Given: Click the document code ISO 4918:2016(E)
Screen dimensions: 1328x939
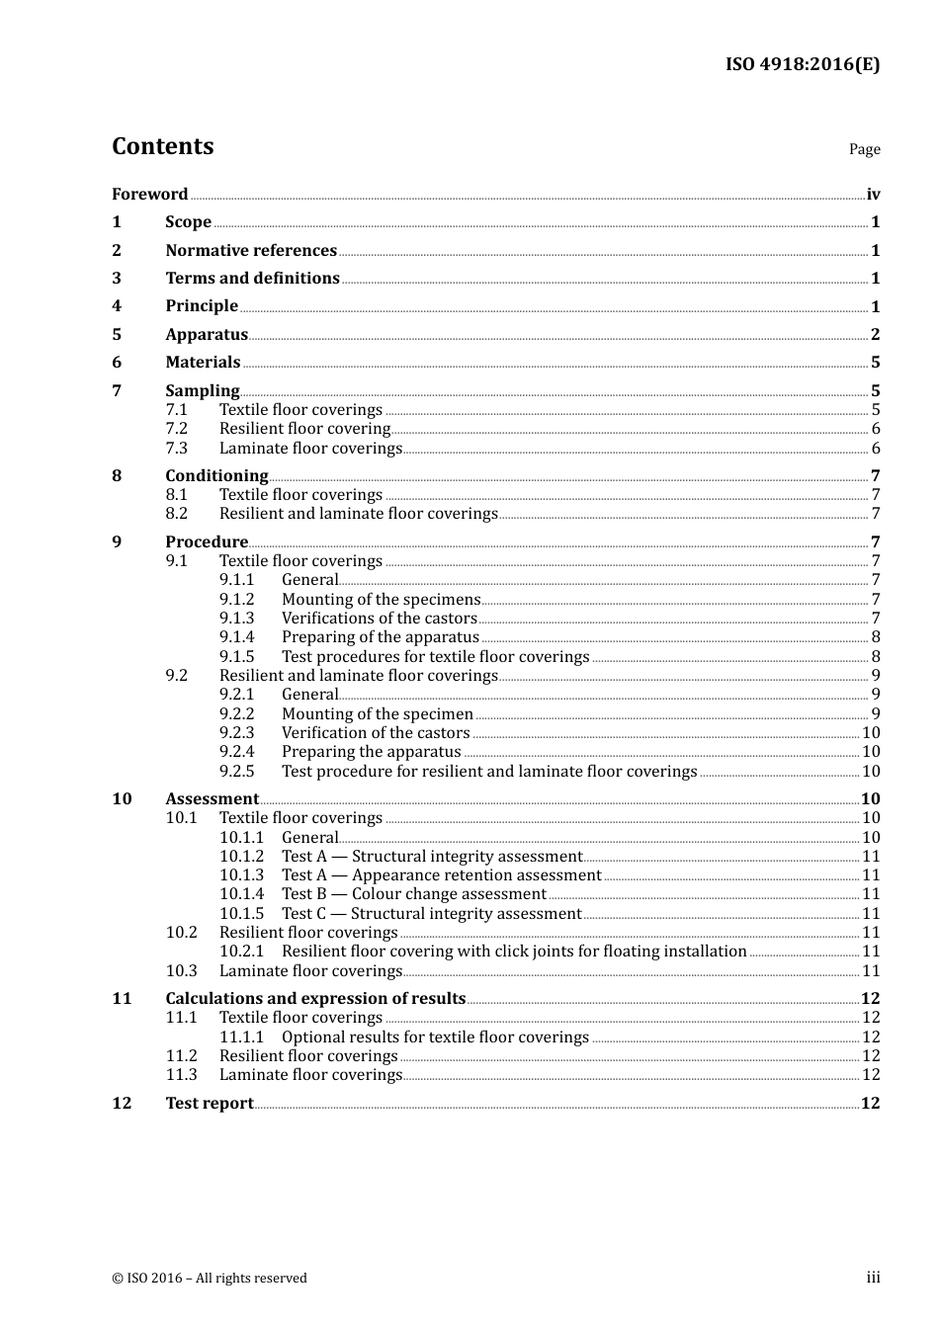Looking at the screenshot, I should (x=802, y=64).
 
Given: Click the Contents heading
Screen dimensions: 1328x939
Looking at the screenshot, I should (x=162, y=146).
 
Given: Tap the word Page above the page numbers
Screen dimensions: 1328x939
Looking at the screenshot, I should (x=864, y=149).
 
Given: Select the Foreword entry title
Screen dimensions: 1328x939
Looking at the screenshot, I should (x=149, y=194).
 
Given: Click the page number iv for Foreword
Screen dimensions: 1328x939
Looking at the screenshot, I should (x=873, y=194).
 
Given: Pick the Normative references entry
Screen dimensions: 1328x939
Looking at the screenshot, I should (x=251, y=250).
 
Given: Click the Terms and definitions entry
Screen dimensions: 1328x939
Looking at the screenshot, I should (x=252, y=278).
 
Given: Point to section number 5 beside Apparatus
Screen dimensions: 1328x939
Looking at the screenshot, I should (x=117, y=334).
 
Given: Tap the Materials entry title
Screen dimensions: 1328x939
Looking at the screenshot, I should (x=203, y=362).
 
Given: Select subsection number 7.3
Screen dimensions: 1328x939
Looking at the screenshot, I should (x=176, y=448).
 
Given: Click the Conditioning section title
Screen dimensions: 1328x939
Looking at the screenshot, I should (x=216, y=475).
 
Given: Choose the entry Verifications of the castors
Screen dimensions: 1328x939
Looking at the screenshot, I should (x=379, y=618).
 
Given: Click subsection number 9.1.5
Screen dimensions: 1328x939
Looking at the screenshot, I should (x=236, y=656).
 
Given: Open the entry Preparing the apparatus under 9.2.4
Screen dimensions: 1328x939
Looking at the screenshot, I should (x=371, y=751).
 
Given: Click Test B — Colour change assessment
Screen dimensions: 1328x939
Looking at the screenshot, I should (x=413, y=893).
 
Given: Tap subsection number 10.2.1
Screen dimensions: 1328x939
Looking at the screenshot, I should (x=241, y=951).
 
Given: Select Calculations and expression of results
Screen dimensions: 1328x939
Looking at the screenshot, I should (x=315, y=998).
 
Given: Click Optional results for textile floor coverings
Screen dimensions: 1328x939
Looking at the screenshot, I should (x=435, y=1037).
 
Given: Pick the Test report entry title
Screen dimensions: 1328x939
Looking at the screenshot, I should (x=209, y=1103).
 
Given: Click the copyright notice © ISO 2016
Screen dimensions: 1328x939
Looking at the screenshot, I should (x=209, y=1278).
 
